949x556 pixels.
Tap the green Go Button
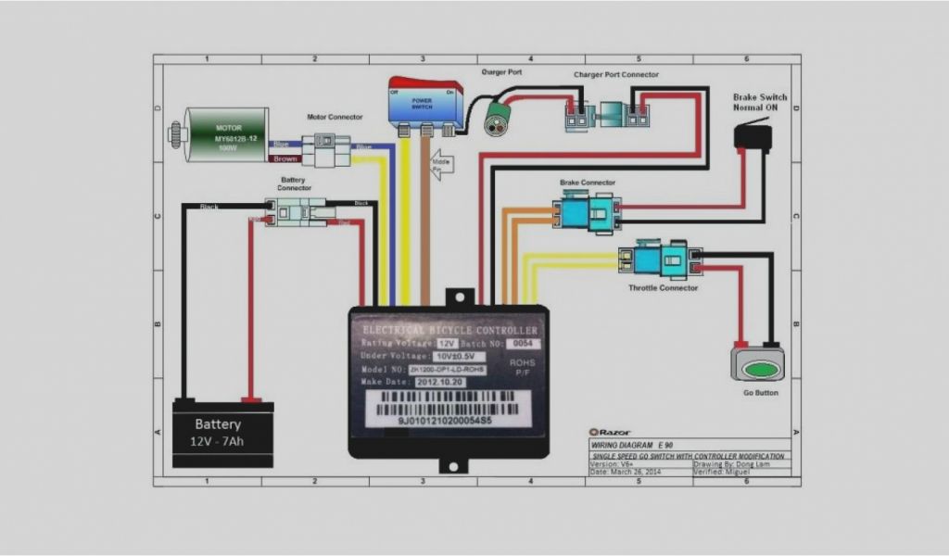(757, 369)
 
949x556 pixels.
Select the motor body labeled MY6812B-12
(226, 134)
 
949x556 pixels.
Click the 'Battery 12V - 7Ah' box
(223, 432)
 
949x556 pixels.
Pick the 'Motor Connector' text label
(335, 117)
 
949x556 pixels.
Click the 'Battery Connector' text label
(295, 183)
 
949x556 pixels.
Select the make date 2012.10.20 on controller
(441, 381)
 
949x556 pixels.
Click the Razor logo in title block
(608, 432)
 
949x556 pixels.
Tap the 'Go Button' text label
(761, 393)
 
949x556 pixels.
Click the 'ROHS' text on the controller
(521, 362)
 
